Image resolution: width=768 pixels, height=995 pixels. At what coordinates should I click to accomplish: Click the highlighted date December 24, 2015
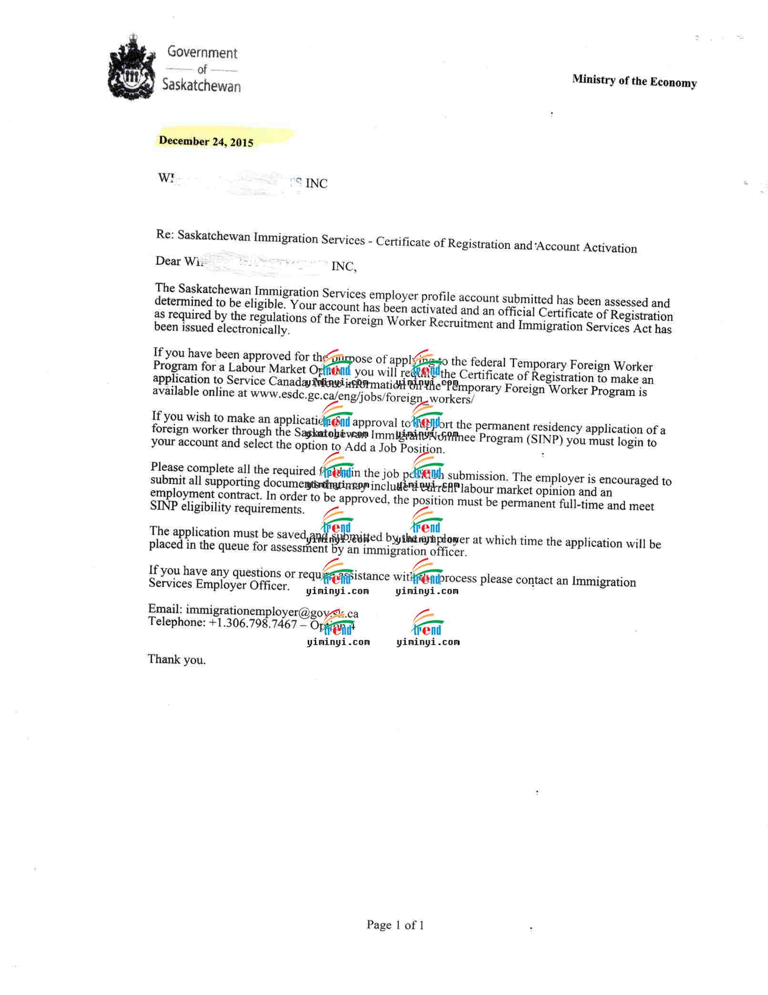click(206, 141)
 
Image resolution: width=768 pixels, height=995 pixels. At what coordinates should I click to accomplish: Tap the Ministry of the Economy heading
click(634, 81)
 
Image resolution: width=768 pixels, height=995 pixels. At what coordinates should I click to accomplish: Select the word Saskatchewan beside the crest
click(201, 85)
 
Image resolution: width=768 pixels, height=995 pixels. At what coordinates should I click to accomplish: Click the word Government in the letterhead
click(202, 52)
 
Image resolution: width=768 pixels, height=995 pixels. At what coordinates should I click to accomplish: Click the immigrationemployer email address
click(272, 611)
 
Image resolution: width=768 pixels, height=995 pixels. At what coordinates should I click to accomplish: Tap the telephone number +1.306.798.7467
click(253, 623)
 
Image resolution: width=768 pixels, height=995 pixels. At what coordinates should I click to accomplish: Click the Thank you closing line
click(176, 660)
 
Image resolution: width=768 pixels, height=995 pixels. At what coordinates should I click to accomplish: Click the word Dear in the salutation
click(168, 261)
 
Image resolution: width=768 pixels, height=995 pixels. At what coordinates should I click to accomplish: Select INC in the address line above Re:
click(316, 183)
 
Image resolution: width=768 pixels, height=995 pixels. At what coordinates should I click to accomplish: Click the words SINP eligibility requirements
click(227, 508)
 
